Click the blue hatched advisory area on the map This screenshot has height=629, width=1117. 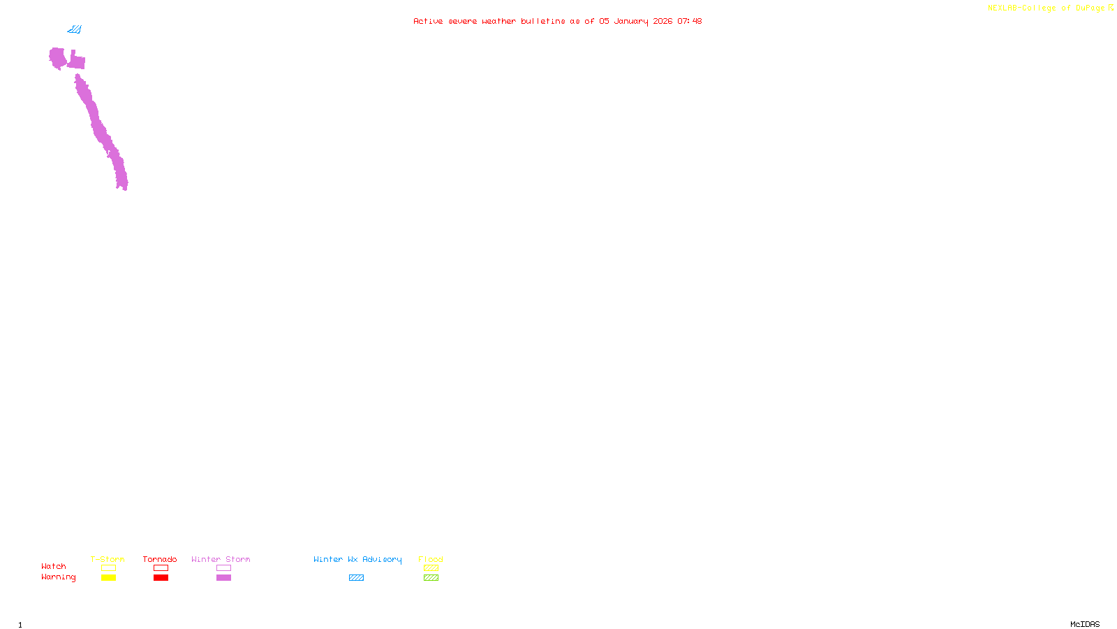click(75, 29)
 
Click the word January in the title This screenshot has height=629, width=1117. click(630, 21)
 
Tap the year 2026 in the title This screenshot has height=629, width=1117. click(663, 21)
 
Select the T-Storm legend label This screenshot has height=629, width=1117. click(108, 559)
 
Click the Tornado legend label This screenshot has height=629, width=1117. click(160, 559)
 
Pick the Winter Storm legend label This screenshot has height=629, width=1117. click(221, 559)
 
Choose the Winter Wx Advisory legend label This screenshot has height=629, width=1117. click(357, 559)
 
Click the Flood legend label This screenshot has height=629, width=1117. click(431, 559)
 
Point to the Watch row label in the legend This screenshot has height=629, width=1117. click(54, 566)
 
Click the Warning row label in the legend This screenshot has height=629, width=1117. click(59, 577)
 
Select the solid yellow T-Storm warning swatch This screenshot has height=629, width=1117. click(108, 578)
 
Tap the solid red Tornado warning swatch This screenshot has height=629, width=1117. click(161, 578)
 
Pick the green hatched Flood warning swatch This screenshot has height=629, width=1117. click(431, 578)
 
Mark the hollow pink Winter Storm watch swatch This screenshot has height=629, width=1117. click(223, 568)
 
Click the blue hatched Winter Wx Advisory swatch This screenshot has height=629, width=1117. click(356, 578)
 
